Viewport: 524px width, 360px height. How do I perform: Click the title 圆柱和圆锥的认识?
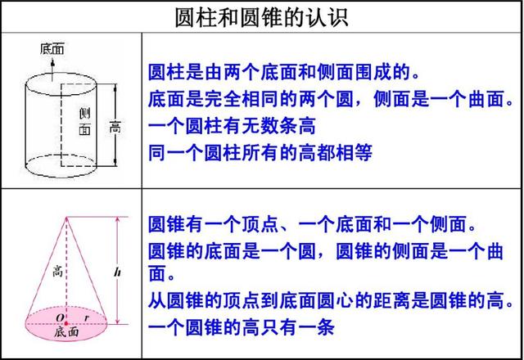pos(261,17)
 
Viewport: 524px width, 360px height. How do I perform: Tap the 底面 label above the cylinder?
pos(52,48)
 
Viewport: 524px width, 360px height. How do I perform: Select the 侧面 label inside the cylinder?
pos(84,121)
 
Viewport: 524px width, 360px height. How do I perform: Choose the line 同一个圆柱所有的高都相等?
pos(260,152)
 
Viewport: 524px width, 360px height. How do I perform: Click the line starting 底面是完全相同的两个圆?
pos(332,99)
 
